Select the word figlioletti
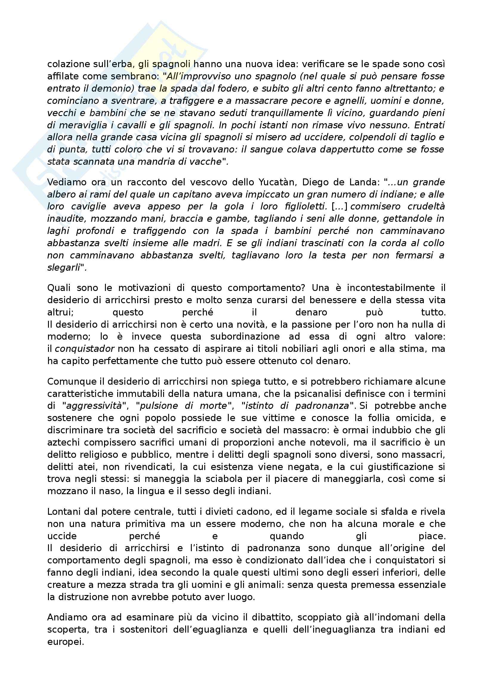[306, 207]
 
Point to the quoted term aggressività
[94, 406]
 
